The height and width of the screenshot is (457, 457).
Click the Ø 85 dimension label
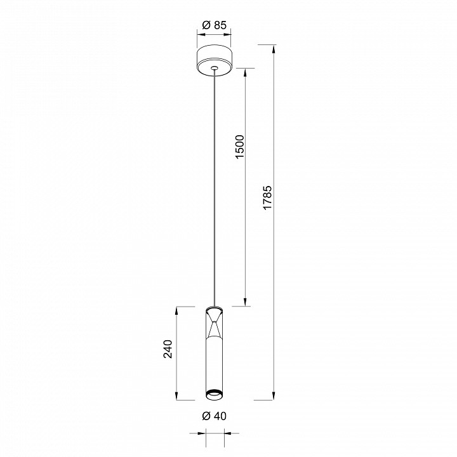coord(215,25)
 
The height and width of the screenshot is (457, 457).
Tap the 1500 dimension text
coord(239,147)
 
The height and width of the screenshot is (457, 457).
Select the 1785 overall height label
coord(267,197)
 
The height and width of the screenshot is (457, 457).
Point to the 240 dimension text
coord(168,348)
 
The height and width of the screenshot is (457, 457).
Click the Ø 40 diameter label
coord(215,416)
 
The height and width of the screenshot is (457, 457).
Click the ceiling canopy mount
coord(215,60)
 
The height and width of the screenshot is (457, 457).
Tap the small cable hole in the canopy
coord(215,68)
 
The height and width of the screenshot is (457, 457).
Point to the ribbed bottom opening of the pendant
coord(215,395)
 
